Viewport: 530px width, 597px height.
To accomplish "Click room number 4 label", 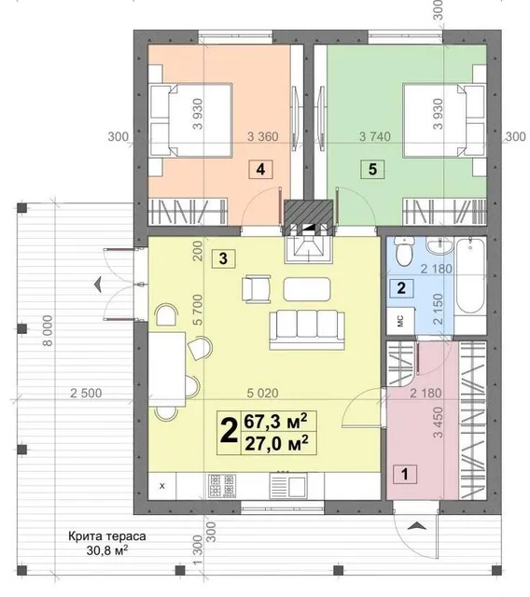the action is (x=261, y=169).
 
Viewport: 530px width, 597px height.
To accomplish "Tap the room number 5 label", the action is (x=372, y=169).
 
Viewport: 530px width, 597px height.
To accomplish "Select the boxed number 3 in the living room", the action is (x=224, y=259).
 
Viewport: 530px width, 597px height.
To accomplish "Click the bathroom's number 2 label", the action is (x=401, y=288).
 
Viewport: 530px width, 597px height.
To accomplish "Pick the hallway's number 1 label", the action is (x=405, y=474).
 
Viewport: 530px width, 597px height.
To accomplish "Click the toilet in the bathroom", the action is (x=404, y=251).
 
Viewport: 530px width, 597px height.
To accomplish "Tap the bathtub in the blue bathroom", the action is (x=470, y=275).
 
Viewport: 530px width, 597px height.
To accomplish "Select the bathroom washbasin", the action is (x=439, y=244).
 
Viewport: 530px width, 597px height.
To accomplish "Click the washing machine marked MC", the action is (x=400, y=321).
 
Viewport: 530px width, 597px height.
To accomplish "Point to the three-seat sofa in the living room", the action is (x=307, y=329).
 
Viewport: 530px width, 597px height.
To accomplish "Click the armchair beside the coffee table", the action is (x=257, y=289).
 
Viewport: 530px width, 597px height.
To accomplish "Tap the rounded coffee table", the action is (x=307, y=289).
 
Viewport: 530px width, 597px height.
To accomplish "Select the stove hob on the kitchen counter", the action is (x=221, y=485).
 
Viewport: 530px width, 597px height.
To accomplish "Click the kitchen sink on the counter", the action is (x=288, y=485).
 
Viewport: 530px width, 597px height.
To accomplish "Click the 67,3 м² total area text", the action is (x=275, y=422).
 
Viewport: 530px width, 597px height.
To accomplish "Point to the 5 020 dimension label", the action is (x=263, y=393).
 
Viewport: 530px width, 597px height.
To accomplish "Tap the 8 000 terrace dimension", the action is (x=48, y=330).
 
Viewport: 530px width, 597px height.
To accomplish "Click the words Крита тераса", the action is (x=107, y=536).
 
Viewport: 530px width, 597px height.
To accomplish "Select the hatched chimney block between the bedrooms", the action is (x=308, y=213).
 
